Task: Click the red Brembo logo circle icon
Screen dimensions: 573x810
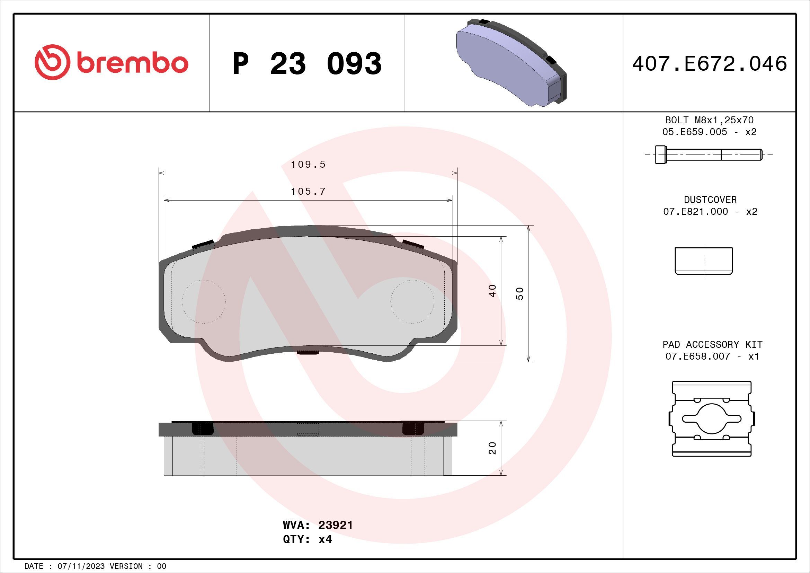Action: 51,62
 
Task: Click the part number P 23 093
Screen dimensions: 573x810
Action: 307,64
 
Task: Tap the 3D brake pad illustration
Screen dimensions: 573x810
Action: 511,62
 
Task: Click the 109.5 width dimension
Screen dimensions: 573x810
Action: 308,165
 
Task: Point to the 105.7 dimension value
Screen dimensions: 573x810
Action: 308,192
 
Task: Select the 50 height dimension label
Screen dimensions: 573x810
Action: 520,293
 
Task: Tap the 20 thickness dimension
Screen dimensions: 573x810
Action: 493,448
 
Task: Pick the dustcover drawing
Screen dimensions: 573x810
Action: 703,261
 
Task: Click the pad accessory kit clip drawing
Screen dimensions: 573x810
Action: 712,419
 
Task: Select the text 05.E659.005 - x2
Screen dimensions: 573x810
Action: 710,132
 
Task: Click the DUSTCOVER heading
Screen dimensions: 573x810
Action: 710,200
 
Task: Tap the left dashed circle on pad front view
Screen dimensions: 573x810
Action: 204,302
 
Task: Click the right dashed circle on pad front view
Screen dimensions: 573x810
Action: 412,302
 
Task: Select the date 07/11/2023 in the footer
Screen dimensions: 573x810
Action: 81,566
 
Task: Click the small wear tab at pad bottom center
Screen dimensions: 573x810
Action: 308,352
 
